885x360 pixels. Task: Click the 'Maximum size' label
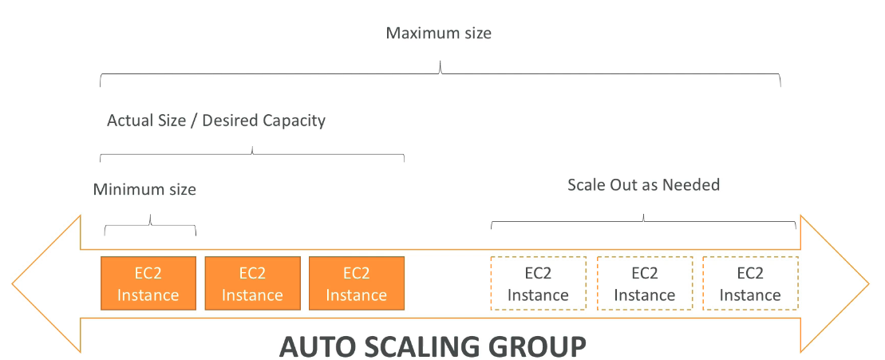click(438, 34)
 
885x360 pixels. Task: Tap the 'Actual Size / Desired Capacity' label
click(216, 121)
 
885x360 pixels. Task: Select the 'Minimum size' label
click(144, 190)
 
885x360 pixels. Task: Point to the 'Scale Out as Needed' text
click(643, 185)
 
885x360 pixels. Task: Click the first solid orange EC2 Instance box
click(148, 283)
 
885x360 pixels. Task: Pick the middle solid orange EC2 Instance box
click(252, 283)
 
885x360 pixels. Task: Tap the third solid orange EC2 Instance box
click(356, 283)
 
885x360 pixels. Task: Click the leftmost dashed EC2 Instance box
click(538, 283)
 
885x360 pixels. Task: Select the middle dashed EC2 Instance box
click(644, 283)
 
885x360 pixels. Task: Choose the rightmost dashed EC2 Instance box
click(749, 283)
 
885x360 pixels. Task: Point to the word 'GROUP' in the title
click(542, 347)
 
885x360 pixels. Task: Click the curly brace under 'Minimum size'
click(150, 226)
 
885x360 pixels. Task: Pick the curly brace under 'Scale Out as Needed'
click(643, 222)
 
